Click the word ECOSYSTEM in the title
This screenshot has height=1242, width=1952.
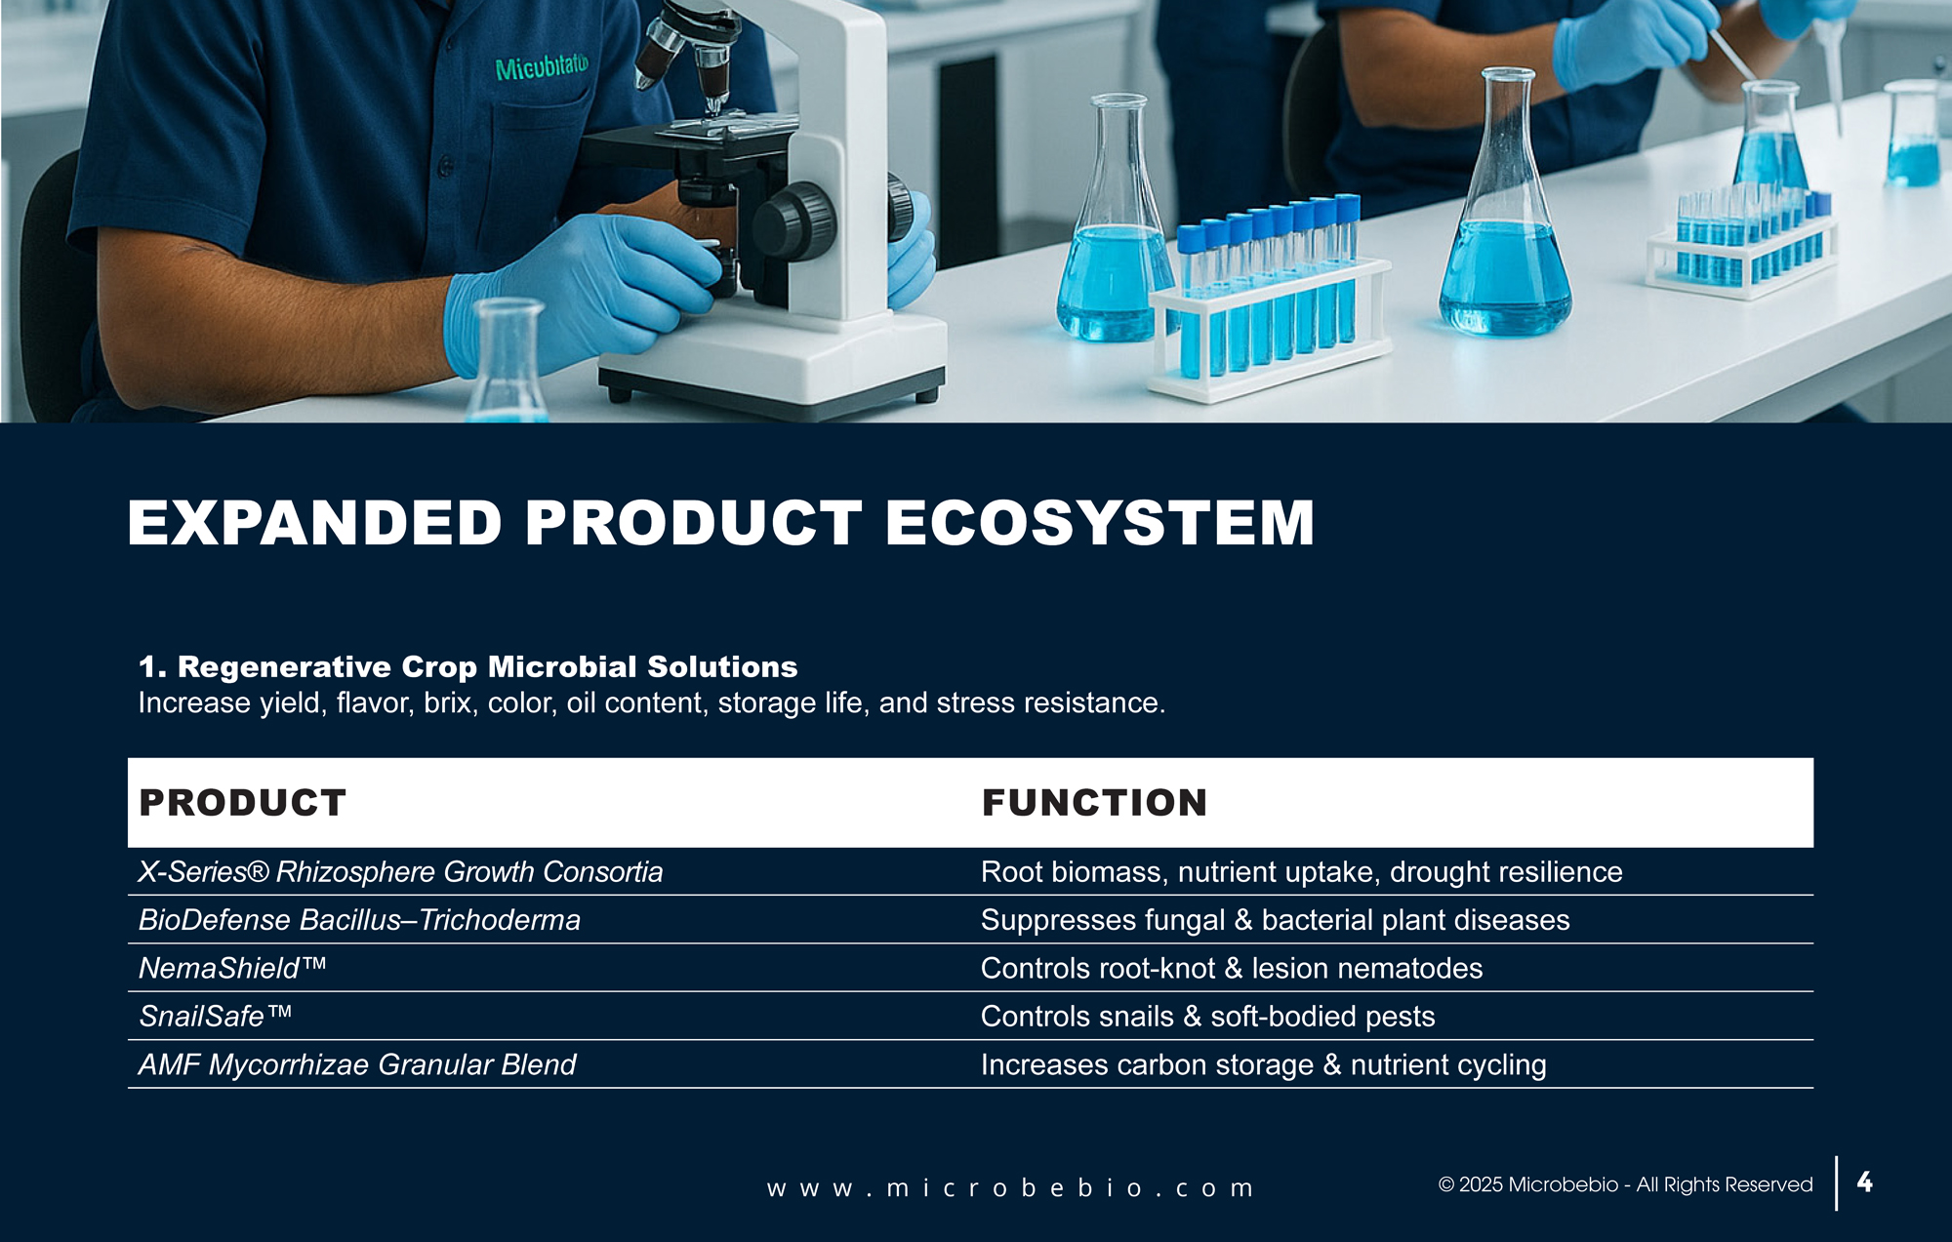[x=1100, y=523]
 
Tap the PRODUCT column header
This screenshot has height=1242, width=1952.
[x=243, y=803]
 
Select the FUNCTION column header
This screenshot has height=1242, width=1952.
[x=1095, y=803]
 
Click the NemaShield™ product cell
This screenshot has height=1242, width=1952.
[x=232, y=968]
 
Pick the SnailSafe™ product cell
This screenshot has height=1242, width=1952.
[x=216, y=1016]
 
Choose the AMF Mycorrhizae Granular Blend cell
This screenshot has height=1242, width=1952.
[x=357, y=1064]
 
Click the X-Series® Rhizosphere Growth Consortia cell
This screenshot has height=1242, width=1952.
[x=400, y=871]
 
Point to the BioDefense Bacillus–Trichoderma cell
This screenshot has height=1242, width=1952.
[x=359, y=920]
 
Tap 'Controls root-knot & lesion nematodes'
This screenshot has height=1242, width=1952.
[x=1232, y=968]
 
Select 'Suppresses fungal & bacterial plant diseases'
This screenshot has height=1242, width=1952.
[x=1276, y=920]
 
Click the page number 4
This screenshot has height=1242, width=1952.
[x=1864, y=1182]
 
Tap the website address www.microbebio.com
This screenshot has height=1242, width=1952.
[x=1010, y=1188]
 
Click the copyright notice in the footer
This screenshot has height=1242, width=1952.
[x=1625, y=1184]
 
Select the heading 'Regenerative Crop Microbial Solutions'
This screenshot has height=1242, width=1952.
[x=487, y=666]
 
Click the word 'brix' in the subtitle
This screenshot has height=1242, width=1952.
[x=448, y=702]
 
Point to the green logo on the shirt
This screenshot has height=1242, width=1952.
[x=542, y=67]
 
